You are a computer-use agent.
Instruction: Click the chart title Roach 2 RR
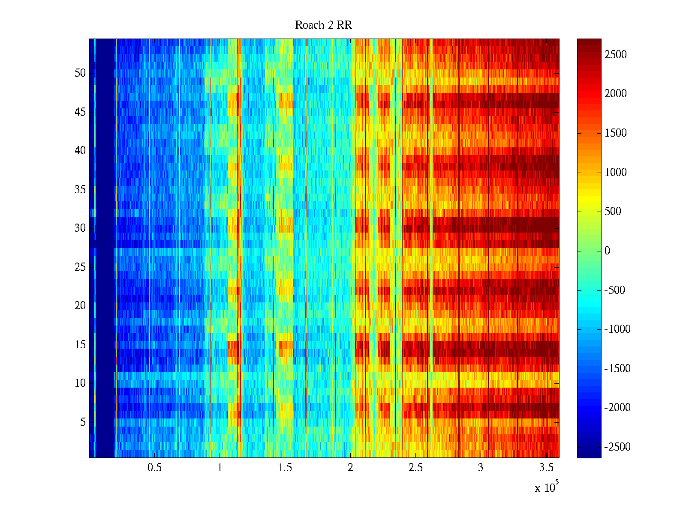323,25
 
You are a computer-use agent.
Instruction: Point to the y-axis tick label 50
80,73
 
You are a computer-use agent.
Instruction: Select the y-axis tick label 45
80,112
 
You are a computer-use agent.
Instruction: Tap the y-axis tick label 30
80,228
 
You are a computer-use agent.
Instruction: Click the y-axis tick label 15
80,345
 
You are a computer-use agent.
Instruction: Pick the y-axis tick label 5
83,422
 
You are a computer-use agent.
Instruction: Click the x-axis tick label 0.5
154,468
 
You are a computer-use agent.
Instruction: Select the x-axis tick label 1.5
285,468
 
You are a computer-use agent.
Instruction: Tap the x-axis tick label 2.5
415,468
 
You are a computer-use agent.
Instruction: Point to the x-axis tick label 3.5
546,468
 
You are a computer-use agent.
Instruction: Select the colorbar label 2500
616,55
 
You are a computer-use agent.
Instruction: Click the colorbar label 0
607,251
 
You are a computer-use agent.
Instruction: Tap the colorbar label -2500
617,447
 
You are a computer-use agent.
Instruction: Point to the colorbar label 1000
616,173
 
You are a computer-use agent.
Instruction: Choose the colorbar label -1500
617,369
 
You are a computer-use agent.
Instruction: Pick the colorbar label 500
613,212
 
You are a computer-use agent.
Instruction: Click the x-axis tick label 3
481,468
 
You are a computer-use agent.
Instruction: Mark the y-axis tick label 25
80,267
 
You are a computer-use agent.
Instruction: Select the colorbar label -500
615,290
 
